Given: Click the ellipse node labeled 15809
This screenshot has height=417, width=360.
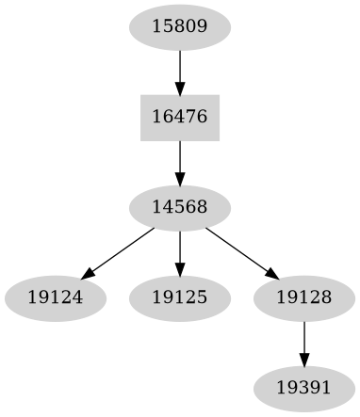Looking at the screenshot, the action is point(179,27).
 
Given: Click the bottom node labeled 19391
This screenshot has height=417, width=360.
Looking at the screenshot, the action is point(303,388).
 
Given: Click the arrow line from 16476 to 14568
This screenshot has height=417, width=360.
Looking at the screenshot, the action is point(179,158).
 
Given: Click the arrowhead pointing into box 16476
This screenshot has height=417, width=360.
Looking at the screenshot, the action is point(179,88).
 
